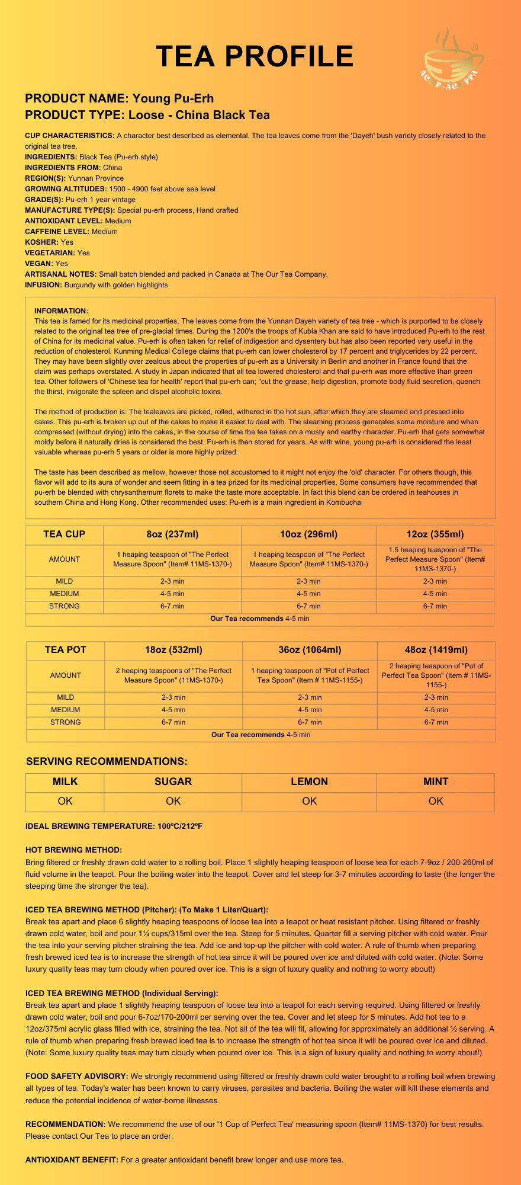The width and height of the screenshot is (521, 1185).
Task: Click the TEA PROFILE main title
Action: [255, 57]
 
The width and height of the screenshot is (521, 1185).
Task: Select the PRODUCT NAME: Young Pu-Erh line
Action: [119, 98]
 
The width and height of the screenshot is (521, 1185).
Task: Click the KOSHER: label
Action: [41, 242]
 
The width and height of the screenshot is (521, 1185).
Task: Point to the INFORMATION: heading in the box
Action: [61, 310]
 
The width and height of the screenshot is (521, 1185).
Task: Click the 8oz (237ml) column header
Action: [172, 534]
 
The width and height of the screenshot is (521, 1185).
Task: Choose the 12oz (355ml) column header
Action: [435, 534]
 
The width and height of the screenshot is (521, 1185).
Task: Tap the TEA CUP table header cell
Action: [64, 534]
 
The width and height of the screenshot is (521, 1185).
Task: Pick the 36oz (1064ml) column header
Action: [310, 650]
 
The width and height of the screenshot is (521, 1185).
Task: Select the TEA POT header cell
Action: [65, 650]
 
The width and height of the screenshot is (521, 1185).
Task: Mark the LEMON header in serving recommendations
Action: [309, 782]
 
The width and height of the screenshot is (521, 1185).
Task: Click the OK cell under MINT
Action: [436, 801]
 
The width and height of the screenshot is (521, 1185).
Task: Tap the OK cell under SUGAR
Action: [173, 801]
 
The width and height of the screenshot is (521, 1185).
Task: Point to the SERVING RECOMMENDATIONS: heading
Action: [107, 761]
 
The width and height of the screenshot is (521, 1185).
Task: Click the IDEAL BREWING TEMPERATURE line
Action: [114, 826]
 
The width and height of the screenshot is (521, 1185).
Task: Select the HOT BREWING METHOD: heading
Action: [73, 850]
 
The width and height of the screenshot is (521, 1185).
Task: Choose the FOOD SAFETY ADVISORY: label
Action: [76, 1076]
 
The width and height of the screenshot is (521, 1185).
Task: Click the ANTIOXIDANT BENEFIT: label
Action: [72, 1160]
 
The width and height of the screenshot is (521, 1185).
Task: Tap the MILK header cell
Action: [65, 782]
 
